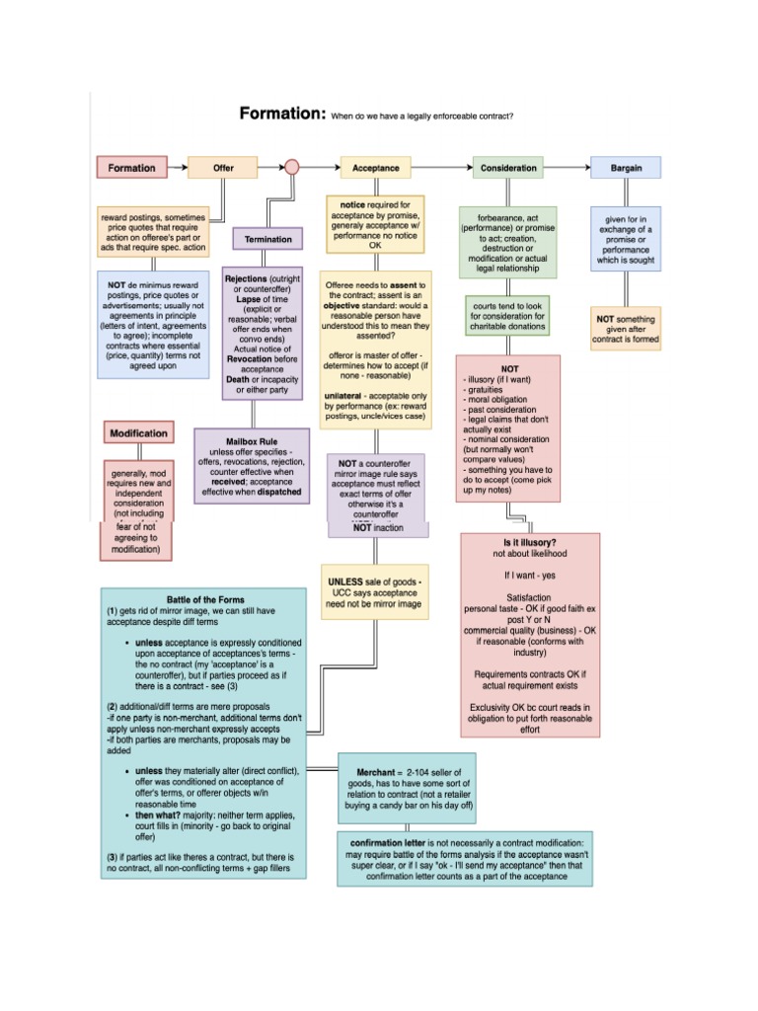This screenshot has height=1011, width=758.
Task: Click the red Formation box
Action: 132,168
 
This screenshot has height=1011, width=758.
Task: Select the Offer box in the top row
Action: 223,168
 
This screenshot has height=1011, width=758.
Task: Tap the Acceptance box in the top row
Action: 375,168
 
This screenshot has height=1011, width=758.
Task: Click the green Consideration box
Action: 508,168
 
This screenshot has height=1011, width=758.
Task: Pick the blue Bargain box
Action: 625,168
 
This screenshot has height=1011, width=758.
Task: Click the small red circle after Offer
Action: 291,167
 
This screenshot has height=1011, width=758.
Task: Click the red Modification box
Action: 138,433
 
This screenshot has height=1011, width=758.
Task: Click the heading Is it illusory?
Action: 530,543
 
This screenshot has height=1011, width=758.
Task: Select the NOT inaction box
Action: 378,528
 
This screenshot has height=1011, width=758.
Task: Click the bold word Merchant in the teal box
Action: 371,770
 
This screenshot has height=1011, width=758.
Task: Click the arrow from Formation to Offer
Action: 177,168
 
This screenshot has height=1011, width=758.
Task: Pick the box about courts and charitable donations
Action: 508,316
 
